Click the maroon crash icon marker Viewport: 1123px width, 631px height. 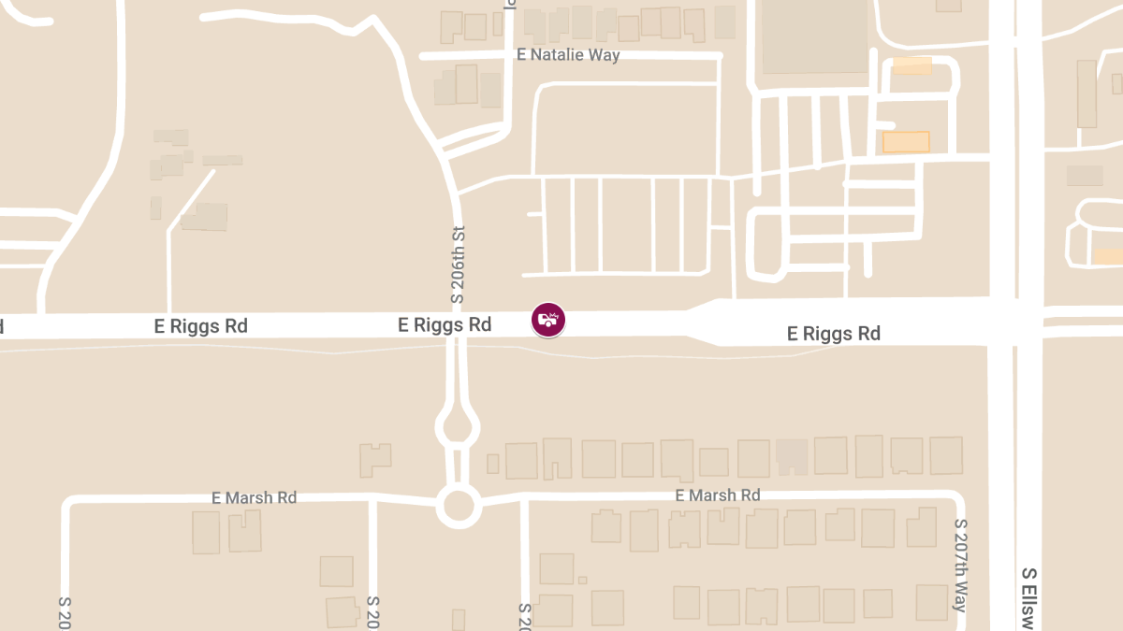[x=548, y=320]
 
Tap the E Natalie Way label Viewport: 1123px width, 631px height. [x=568, y=55]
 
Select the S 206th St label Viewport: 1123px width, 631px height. [x=458, y=265]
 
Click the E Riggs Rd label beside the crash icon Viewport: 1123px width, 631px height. [x=445, y=325]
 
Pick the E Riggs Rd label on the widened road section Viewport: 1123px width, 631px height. [x=834, y=334]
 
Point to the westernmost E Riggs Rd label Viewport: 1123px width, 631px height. [x=201, y=326]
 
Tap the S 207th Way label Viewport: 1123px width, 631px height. [x=959, y=566]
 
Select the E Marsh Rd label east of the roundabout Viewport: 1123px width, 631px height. [x=718, y=495]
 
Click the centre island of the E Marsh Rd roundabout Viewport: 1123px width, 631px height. [x=458, y=507]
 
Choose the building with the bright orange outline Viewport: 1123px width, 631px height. [x=906, y=142]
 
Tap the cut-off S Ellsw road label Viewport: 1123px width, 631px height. [x=1029, y=598]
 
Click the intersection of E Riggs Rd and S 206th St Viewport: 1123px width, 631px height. [x=458, y=325]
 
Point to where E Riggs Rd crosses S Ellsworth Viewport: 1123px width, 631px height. [x=1015, y=320]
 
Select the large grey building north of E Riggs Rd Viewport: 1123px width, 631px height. [x=814, y=36]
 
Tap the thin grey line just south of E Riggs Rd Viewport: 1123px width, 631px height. [x=281, y=350]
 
